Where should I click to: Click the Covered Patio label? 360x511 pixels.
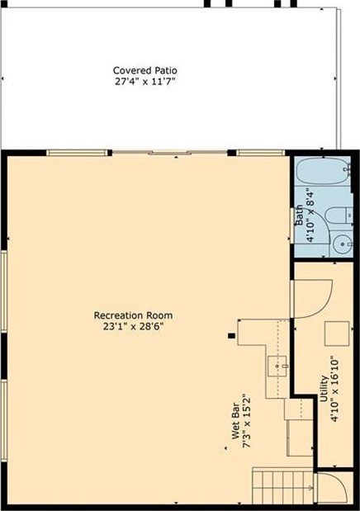click(x=145, y=70)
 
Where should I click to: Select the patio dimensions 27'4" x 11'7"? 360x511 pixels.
click(x=145, y=82)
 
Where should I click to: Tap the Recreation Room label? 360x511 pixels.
click(x=134, y=315)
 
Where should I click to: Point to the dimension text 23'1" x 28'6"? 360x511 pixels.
click(x=134, y=326)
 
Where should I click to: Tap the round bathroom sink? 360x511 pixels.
click(x=343, y=244)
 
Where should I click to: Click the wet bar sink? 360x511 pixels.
click(x=278, y=367)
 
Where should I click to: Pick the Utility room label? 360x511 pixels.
click(x=324, y=389)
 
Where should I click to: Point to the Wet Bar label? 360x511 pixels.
click(x=236, y=421)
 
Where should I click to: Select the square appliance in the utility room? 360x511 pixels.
click(x=337, y=334)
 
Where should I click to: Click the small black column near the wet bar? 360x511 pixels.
click(x=231, y=336)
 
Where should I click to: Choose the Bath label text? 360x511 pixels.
click(x=299, y=215)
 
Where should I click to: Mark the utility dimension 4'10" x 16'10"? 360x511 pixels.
click(x=334, y=390)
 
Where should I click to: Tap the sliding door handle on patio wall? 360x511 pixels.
click(x=168, y=153)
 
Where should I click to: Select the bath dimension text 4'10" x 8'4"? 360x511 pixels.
click(x=310, y=215)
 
